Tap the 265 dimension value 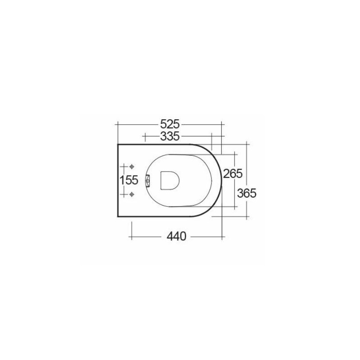[233, 173]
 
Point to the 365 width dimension [247, 193]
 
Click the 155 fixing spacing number [128, 180]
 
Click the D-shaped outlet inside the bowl [170, 180]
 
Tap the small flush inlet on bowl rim [148, 180]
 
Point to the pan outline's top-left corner [117, 144]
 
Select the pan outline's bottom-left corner [117, 216]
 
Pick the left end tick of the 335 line [144, 135]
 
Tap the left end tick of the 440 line [131, 236]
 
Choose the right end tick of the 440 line [222, 236]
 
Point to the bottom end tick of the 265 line [235, 207]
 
